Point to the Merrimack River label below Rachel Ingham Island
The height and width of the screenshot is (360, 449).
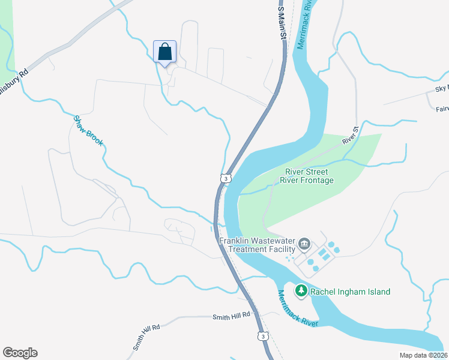(x=297, y=308)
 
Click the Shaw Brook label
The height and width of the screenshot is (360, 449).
(x=88, y=130)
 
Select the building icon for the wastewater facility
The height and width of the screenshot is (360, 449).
(x=304, y=244)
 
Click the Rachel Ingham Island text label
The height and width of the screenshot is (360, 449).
(x=350, y=292)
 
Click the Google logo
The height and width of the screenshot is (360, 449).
(x=20, y=353)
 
